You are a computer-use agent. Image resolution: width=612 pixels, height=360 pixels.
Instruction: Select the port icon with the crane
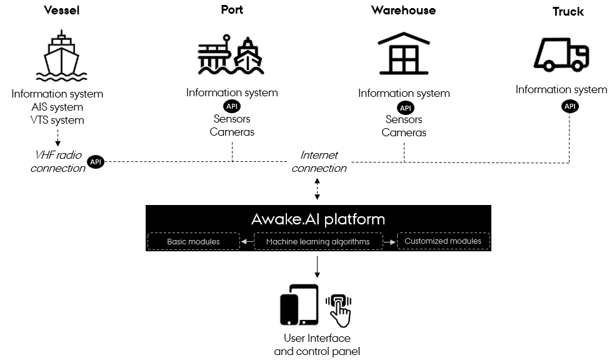[231, 55]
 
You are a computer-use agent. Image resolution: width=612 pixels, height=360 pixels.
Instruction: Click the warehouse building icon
[404, 54]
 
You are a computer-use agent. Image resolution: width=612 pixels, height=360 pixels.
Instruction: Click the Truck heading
[568, 12]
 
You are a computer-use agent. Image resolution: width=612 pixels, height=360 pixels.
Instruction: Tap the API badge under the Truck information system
[570, 106]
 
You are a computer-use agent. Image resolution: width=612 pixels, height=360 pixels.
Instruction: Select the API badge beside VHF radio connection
[96, 162]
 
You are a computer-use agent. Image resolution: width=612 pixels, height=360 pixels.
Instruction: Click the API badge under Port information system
[231, 106]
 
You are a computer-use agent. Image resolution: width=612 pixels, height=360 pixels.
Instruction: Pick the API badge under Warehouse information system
[405, 107]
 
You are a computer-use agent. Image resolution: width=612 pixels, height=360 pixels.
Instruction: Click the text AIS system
[57, 107]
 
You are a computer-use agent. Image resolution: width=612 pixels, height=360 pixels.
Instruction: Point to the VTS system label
[57, 120]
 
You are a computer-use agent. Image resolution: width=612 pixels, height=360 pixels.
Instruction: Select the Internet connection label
[319, 161]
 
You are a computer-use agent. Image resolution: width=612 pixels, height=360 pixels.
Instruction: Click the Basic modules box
[193, 241]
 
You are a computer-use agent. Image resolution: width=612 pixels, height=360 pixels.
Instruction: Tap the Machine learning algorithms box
[318, 241]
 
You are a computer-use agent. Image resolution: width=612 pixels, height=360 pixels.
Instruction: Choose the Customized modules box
[443, 241]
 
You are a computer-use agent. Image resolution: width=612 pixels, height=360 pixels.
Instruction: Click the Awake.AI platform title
[318, 219]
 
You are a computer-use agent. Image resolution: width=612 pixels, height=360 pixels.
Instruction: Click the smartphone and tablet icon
[299, 305]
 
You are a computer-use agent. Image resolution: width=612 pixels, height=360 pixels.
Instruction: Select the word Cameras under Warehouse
[404, 132]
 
